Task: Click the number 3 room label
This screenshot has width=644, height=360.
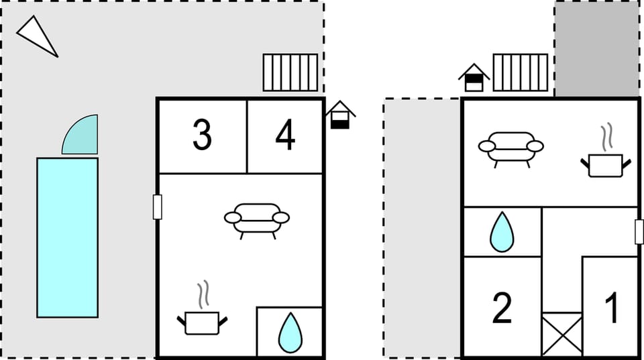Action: [202, 135]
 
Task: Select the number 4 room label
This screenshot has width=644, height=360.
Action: [286, 135]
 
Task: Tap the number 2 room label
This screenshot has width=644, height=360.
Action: [502, 308]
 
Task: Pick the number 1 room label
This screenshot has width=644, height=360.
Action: [612, 308]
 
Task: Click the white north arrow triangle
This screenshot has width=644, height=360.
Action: [37, 35]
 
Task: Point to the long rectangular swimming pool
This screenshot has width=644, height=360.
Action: [67, 237]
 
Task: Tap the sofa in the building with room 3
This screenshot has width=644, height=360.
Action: [256, 219]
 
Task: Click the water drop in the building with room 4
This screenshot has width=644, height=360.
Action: [290, 333]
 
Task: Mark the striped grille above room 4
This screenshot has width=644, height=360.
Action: [290, 72]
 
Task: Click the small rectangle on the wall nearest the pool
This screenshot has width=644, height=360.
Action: [158, 206]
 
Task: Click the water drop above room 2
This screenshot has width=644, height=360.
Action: [502, 232]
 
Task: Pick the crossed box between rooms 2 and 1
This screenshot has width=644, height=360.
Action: [561, 334]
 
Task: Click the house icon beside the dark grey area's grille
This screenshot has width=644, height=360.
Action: [474, 78]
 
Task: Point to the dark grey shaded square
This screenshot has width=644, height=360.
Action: [596, 48]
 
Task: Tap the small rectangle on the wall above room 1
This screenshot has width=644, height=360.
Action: [639, 231]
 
